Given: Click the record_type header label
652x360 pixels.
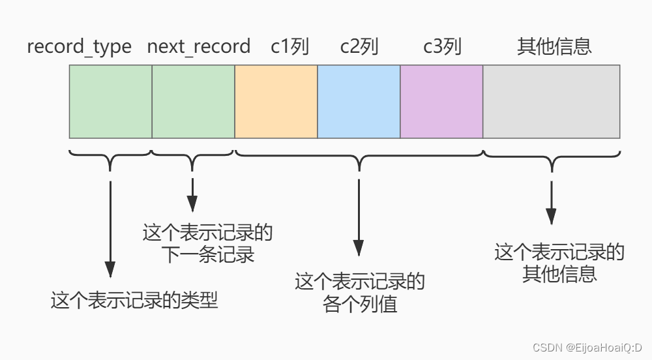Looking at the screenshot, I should tap(79, 47).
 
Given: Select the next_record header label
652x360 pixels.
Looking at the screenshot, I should tap(198, 47).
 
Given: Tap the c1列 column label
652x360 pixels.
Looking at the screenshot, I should tap(289, 47).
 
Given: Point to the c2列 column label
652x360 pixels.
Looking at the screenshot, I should tap(359, 47).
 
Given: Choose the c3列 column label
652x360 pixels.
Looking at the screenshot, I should tap(442, 47).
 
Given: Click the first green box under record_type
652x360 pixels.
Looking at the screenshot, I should tap(110, 101).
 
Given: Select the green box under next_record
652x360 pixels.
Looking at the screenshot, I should tap(193, 101).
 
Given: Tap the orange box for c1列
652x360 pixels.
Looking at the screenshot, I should tap(276, 101).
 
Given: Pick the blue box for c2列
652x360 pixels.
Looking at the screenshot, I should tap(359, 101).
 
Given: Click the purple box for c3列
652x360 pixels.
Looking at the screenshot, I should tap(441, 101).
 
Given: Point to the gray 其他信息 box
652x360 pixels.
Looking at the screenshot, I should tap(551, 101).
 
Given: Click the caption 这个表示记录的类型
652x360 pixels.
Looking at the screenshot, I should tap(134, 301).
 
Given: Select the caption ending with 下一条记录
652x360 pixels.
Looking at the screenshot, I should tap(207, 243).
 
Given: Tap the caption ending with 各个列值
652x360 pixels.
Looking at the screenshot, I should tap(360, 293).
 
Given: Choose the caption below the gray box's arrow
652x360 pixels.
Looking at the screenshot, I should tap(559, 262).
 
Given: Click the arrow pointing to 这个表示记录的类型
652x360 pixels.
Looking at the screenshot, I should tap(110, 228).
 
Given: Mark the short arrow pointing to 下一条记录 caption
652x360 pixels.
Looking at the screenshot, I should tap(192, 194).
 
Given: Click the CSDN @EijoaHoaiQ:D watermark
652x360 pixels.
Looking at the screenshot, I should tap(587, 347).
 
